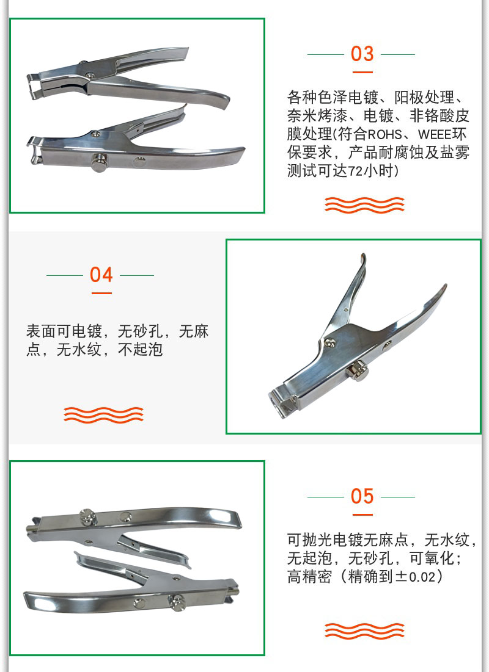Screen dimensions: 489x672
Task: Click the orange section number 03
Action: pyautogui.click(x=362, y=54)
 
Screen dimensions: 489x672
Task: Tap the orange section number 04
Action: pyautogui.click(x=101, y=275)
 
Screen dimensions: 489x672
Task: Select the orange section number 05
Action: pyautogui.click(x=362, y=496)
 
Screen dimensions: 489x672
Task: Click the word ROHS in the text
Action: pyautogui.click(x=384, y=134)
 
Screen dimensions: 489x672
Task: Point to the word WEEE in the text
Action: pyautogui.click(x=435, y=134)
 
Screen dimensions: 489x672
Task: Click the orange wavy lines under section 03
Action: pyautogui.click(x=364, y=205)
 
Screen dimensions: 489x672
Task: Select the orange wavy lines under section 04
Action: pyautogui.click(x=103, y=415)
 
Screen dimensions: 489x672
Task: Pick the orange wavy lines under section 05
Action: pyautogui.click(x=364, y=631)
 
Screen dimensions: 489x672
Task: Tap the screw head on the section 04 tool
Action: pyautogui.click(x=329, y=342)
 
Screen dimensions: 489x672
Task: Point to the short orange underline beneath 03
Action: pyautogui.click(x=362, y=72)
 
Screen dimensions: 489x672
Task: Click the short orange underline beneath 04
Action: pyautogui.click(x=101, y=293)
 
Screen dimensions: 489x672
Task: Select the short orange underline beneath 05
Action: pyautogui.click(x=362, y=515)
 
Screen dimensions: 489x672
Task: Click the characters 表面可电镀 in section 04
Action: pyautogui.click(x=64, y=331)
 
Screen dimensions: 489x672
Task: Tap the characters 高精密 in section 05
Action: pyautogui.click(x=309, y=577)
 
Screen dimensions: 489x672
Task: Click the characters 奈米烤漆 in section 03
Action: pyautogui.click(x=317, y=116)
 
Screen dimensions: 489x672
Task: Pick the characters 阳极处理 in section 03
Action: pyautogui.click(x=424, y=98)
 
